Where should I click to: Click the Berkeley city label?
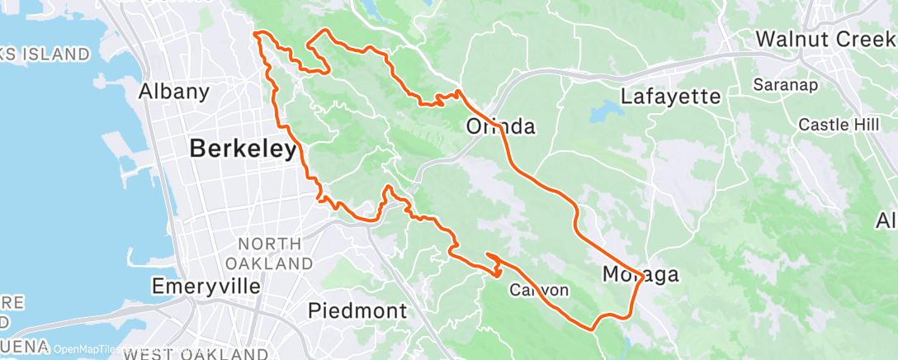(x=243, y=149)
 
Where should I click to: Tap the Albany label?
(x=173, y=91)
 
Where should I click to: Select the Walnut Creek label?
(x=825, y=38)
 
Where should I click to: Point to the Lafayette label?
(x=670, y=97)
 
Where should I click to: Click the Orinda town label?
(x=501, y=127)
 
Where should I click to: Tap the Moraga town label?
(x=640, y=274)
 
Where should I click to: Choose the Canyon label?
(x=539, y=290)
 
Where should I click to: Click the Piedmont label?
(x=357, y=310)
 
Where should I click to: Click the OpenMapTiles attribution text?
(x=83, y=349)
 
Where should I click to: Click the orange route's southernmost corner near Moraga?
(x=593, y=329)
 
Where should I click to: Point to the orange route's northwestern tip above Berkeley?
(x=256, y=34)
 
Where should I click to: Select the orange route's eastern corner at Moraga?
(x=643, y=279)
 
